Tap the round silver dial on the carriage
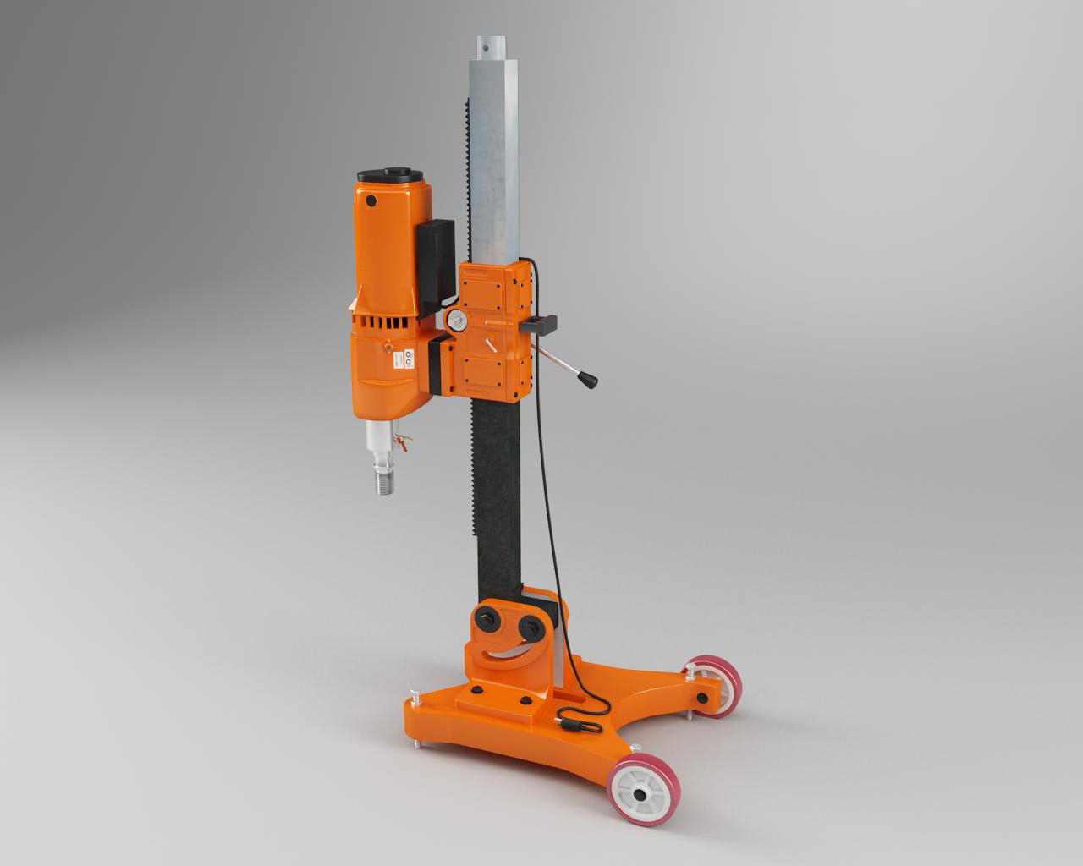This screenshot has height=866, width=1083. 456,319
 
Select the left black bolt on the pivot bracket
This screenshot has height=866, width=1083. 488,617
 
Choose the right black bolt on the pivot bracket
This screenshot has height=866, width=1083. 532,628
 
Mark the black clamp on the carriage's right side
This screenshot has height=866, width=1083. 541,323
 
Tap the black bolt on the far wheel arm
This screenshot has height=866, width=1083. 701,698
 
